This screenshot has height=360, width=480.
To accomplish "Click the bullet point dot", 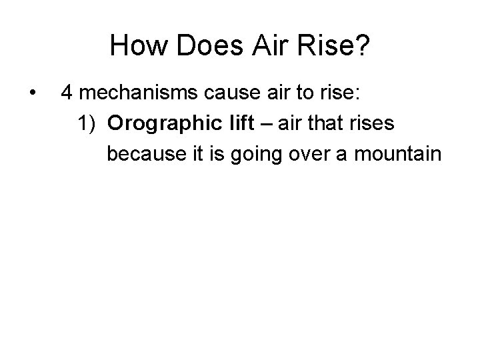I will (x=32, y=93).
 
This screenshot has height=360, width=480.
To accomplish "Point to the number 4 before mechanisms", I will (x=67, y=93).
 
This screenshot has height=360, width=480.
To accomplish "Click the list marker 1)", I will (x=87, y=123).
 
